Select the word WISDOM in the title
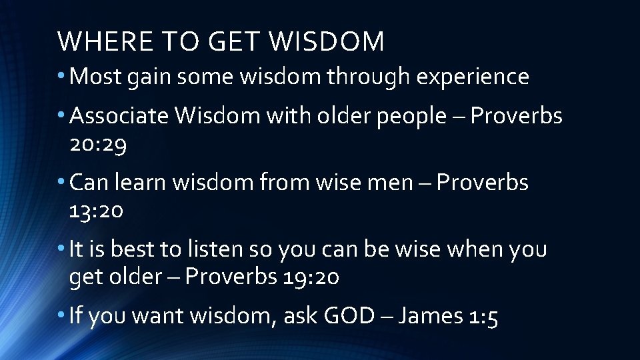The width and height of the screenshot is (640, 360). pyautogui.click(x=328, y=42)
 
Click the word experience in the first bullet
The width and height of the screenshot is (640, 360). pyautogui.click(x=473, y=77)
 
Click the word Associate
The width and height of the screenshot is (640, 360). pyautogui.click(x=119, y=116)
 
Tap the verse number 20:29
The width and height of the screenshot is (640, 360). pyautogui.click(x=97, y=144)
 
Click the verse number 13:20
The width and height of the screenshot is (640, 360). pyautogui.click(x=96, y=211)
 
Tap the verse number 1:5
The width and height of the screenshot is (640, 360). pyautogui.click(x=482, y=317)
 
